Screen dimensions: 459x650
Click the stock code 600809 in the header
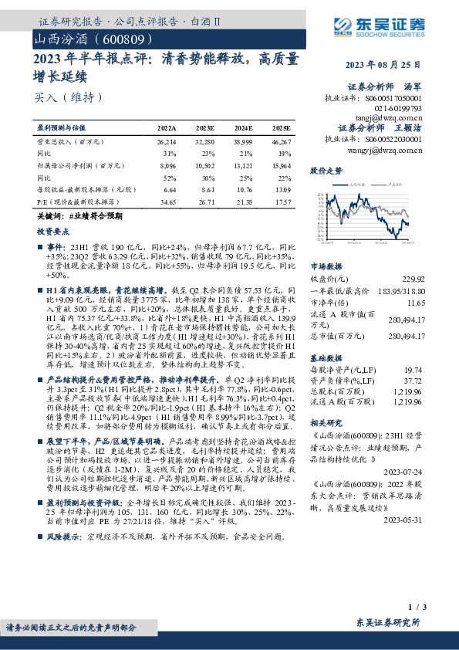click(115, 38)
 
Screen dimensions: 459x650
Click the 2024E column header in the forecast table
click(243, 127)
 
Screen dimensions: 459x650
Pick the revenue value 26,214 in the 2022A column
click(166, 143)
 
